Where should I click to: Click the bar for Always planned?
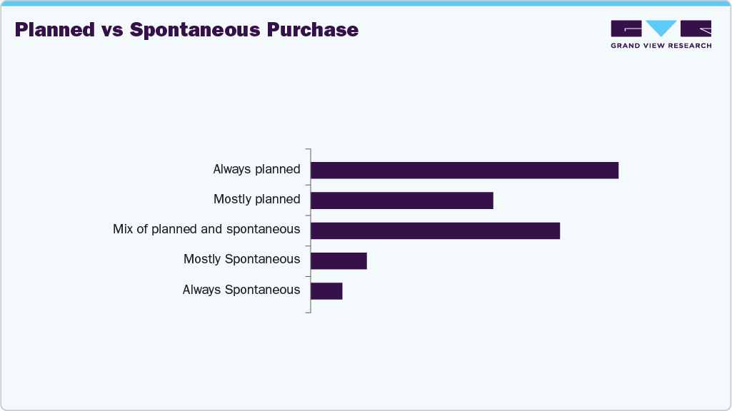click(x=464, y=170)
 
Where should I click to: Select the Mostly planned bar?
click(x=401, y=201)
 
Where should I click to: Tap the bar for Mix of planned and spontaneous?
click(x=435, y=230)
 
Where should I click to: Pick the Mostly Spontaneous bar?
click(x=339, y=260)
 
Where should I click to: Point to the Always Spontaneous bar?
click(x=326, y=291)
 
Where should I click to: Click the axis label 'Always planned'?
click(x=256, y=170)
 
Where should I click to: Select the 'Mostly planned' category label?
click(x=257, y=200)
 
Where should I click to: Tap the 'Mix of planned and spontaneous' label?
click(x=206, y=230)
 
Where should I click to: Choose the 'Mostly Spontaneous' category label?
click(x=241, y=260)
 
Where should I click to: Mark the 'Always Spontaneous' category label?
click(x=241, y=290)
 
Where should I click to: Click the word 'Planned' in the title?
click(x=55, y=30)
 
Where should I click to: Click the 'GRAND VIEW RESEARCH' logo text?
click(x=661, y=46)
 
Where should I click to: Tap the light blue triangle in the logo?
click(x=661, y=28)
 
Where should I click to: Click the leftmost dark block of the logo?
click(x=626, y=28)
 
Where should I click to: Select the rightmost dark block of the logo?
click(x=696, y=28)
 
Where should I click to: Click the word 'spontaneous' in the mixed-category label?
click(x=263, y=230)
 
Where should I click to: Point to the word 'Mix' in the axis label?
click(x=123, y=230)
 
